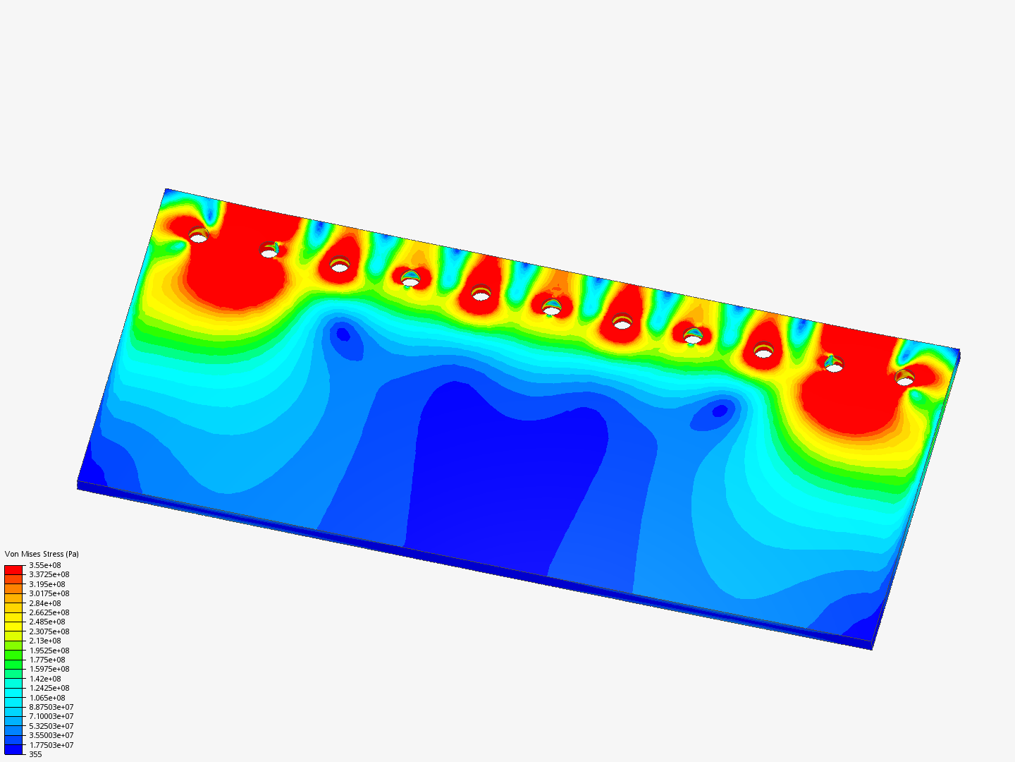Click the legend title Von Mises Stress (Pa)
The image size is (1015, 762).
point(42,554)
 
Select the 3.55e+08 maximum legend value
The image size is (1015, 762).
point(44,565)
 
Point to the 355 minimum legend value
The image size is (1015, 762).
point(35,754)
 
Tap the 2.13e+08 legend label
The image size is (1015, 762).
point(44,641)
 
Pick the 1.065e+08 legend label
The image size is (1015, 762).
point(47,698)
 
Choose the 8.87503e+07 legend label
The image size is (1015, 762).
point(51,707)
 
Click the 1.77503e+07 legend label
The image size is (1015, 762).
point(51,745)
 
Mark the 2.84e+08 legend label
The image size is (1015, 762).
point(44,603)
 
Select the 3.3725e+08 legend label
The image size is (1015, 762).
point(49,574)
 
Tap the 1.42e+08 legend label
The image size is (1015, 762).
point(44,679)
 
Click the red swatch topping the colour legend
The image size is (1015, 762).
point(13,569)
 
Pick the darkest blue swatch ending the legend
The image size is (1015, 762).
point(13,749)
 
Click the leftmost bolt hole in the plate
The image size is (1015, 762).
point(199,238)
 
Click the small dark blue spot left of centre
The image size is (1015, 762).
point(343,334)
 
